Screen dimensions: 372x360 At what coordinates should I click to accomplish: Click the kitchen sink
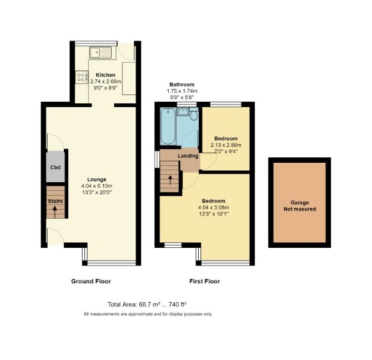[x=100, y=52]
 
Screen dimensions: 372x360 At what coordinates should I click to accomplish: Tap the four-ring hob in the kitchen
[x=81, y=77]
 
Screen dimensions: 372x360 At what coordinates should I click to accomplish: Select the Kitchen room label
[x=105, y=75]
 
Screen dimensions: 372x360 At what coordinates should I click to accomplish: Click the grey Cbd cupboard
[x=56, y=167]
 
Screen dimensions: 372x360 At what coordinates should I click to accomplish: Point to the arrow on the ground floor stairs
[x=55, y=212]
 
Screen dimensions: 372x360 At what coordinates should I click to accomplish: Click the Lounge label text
[x=97, y=179]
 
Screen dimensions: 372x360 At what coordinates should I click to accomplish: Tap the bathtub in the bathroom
[x=168, y=126]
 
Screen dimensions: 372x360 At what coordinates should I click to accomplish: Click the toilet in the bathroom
[x=194, y=114]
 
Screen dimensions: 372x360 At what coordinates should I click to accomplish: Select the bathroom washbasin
[x=183, y=112]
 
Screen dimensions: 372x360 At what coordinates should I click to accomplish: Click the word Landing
[x=188, y=156]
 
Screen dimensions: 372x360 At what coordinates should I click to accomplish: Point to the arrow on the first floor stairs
[x=170, y=180]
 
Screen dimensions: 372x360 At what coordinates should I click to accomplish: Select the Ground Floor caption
[x=91, y=281]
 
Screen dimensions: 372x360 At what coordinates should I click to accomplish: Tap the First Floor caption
[x=204, y=281]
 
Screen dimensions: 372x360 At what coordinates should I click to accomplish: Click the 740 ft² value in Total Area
[x=178, y=304]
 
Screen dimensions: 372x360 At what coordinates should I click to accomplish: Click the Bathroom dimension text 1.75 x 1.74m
[x=182, y=91]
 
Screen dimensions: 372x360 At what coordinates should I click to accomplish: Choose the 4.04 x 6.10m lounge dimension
[x=97, y=186]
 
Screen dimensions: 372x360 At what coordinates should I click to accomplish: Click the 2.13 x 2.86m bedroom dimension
[x=226, y=145]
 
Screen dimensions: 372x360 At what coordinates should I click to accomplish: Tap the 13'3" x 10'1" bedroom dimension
[x=214, y=214]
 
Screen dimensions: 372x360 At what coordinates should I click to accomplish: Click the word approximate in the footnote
[x=141, y=314]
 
